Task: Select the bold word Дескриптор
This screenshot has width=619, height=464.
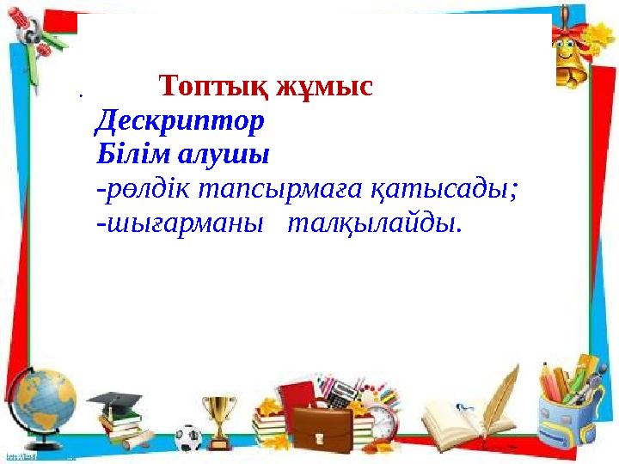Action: pos(180,121)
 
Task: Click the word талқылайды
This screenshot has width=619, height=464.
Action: pos(375,223)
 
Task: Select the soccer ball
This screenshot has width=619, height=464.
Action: pos(187,437)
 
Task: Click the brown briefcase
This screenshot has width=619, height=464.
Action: pos(322,427)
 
